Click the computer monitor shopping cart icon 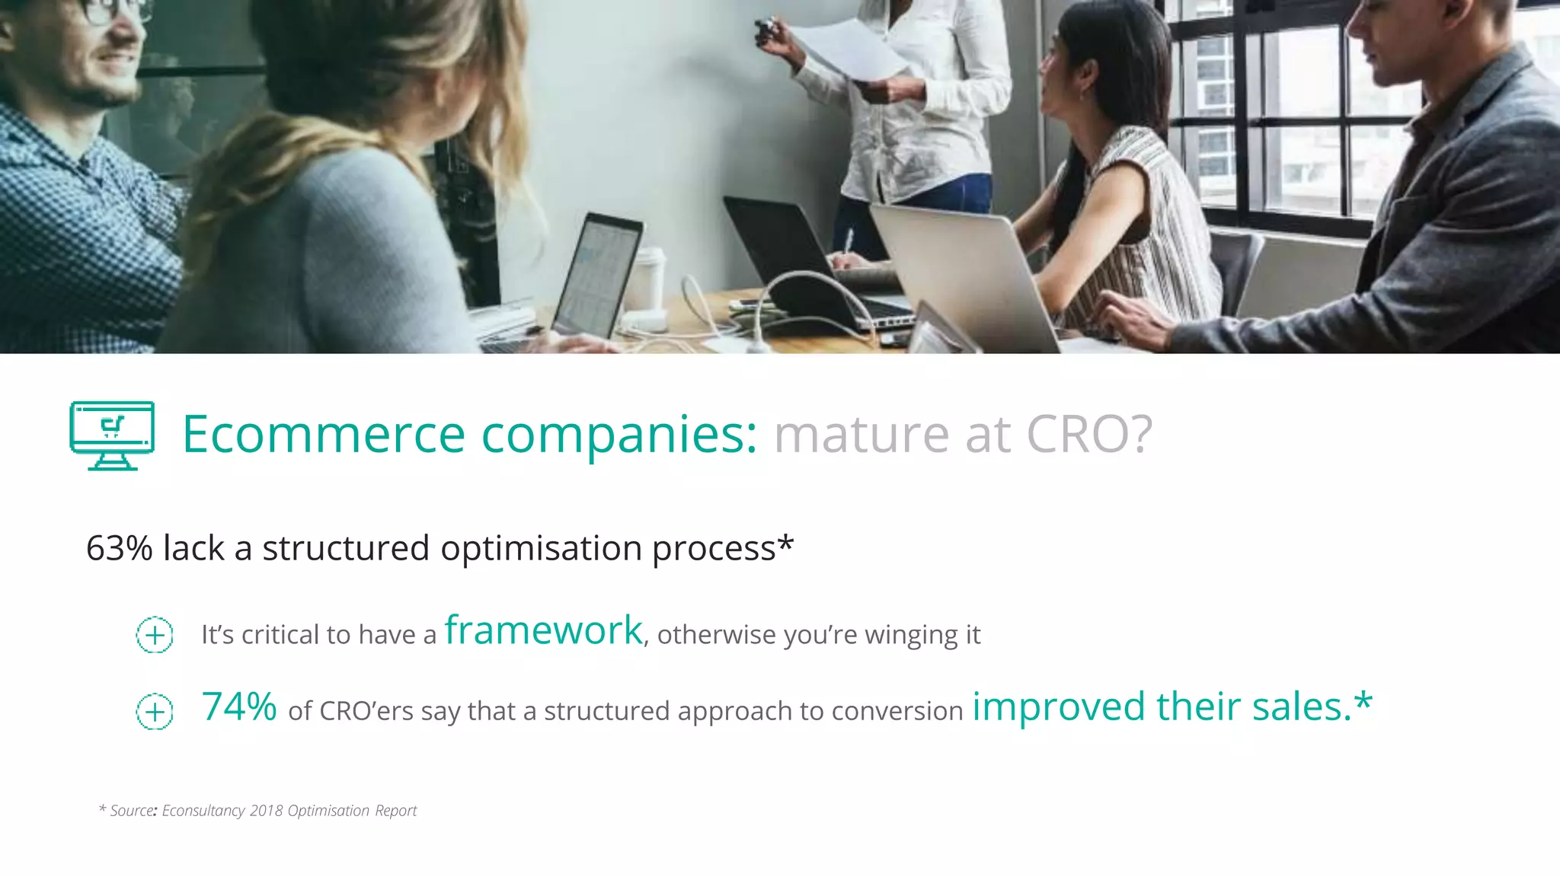click(112, 435)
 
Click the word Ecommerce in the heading click(323, 435)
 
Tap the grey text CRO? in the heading click(1089, 435)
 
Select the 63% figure click(119, 548)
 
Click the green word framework click(544, 630)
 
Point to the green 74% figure click(239, 706)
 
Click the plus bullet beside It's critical click(155, 635)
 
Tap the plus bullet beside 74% click(155, 712)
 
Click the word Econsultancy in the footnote click(203, 811)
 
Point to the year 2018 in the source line click(266, 811)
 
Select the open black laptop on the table click(785, 251)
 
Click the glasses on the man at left click(114, 9)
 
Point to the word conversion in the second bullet click(897, 711)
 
